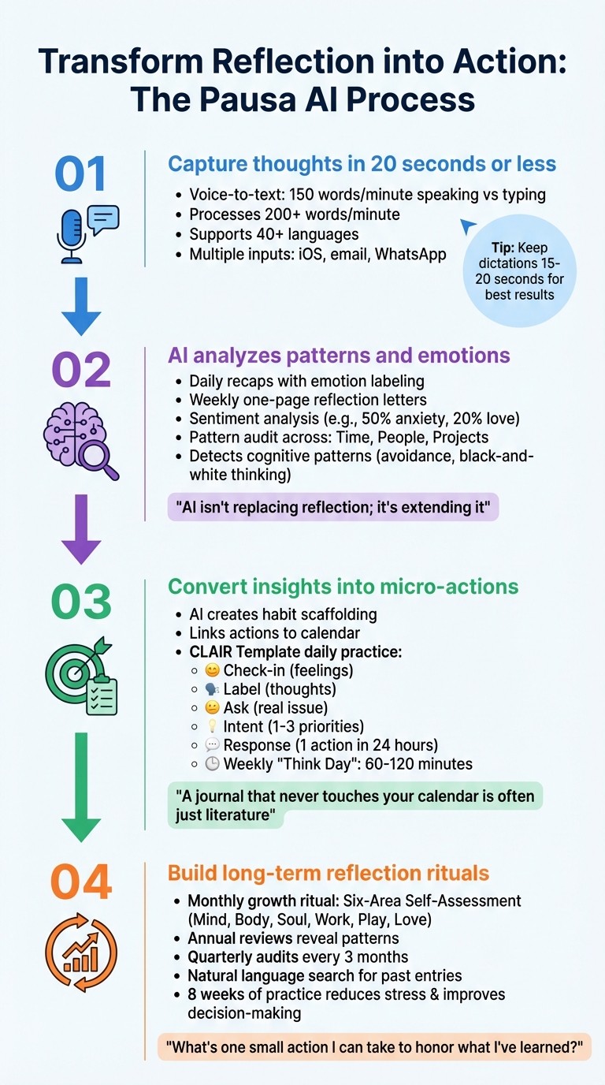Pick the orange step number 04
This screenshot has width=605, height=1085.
81,882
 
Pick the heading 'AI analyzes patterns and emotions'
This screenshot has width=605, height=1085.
339,356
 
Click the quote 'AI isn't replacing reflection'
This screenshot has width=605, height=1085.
332,508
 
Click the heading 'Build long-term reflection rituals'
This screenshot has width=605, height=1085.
328,873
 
